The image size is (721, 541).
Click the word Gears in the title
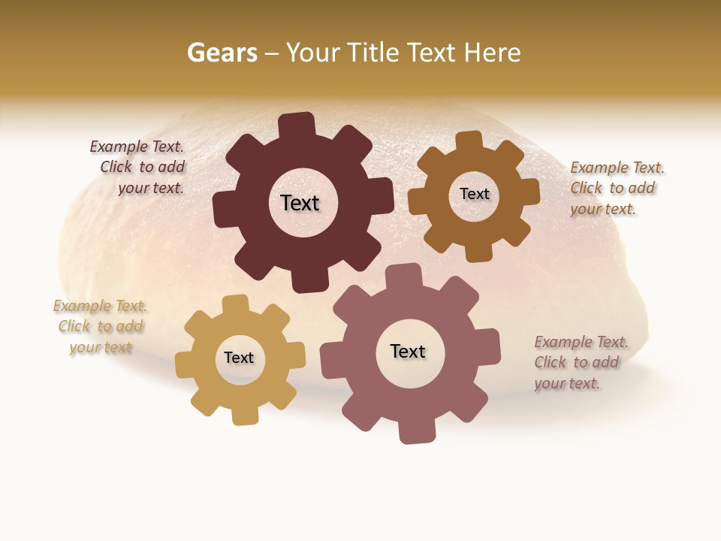(222, 53)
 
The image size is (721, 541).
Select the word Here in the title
(492, 53)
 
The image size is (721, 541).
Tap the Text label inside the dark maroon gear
(300, 203)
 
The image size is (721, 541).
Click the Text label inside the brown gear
(474, 194)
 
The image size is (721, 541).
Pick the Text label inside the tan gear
(239, 358)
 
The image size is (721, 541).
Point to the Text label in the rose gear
(408, 351)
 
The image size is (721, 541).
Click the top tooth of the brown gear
(469, 141)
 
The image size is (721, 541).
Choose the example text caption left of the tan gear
(101, 327)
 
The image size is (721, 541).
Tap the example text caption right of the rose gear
(579, 362)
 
